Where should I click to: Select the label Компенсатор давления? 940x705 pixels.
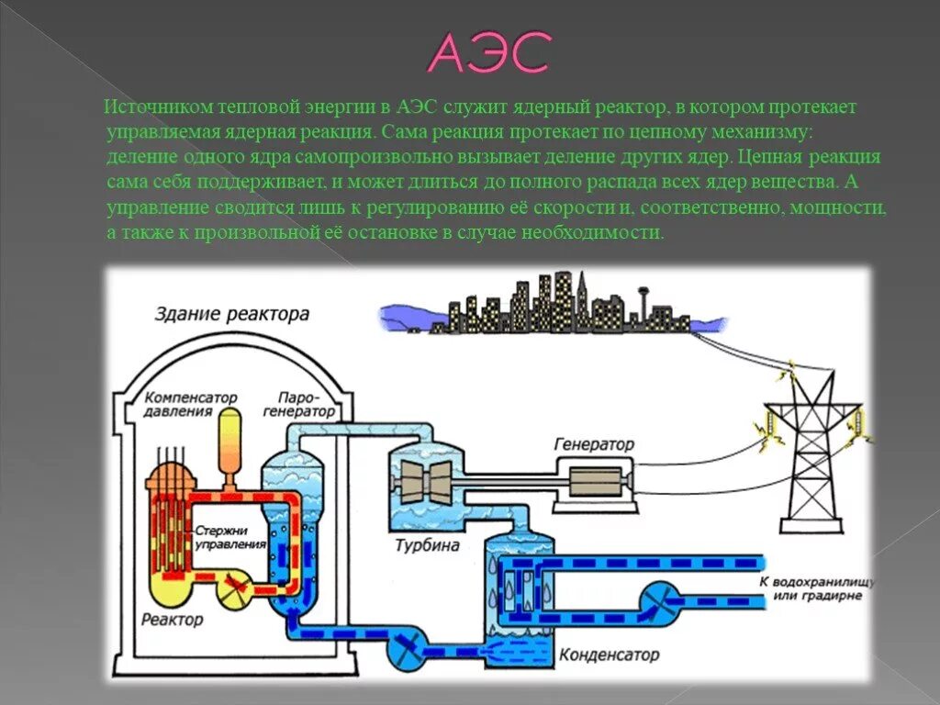tap(191, 405)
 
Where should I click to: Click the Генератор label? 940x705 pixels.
tap(594, 444)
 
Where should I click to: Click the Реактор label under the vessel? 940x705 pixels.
tap(173, 620)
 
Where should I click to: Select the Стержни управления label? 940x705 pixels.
tap(229, 537)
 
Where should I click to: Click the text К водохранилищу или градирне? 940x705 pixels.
tap(817, 588)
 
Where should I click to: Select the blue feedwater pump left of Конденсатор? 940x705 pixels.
tap(407, 648)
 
